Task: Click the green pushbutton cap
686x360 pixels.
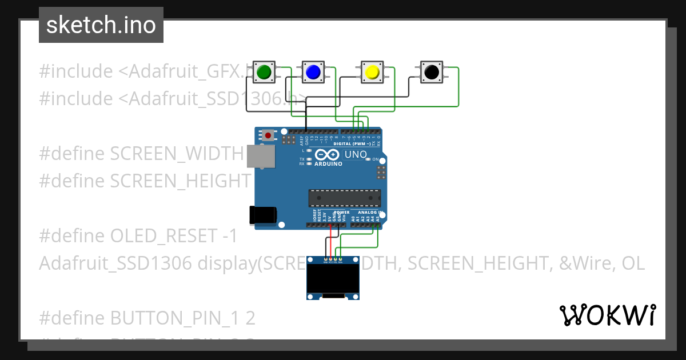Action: click(264, 72)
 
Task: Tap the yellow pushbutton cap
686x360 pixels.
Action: click(372, 72)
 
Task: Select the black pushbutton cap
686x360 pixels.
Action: click(431, 72)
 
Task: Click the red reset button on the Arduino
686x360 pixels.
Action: click(268, 135)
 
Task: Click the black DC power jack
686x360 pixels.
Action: click(263, 215)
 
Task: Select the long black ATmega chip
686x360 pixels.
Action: click(344, 198)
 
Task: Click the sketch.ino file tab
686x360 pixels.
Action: click(101, 25)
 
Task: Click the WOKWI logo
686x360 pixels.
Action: click(607, 315)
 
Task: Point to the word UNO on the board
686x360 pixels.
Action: click(355, 154)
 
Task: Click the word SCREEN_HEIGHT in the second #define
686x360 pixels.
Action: click(180, 181)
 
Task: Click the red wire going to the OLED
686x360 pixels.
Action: click(330, 243)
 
